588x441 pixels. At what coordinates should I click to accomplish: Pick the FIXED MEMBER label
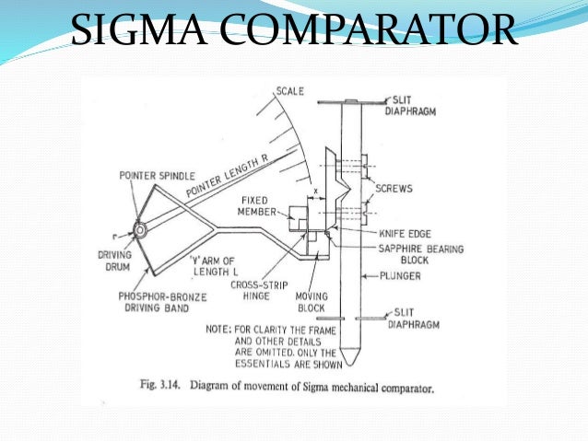click(254, 206)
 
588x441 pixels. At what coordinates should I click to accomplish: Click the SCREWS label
click(394, 188)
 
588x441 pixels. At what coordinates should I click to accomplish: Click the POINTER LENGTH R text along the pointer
click(229, 174)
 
